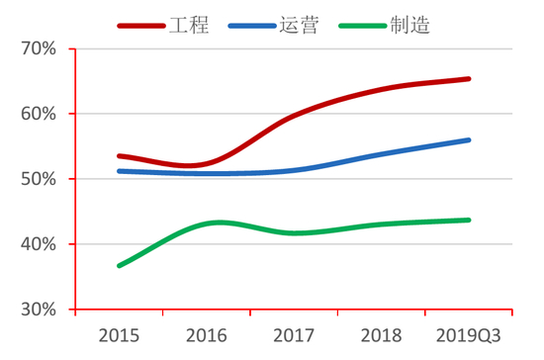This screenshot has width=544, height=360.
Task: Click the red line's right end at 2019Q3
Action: [x=469, y=78]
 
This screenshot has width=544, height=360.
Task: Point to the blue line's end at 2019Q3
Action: [x=469, y=140]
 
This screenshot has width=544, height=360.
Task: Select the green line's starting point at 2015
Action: [x=119, y=266]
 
